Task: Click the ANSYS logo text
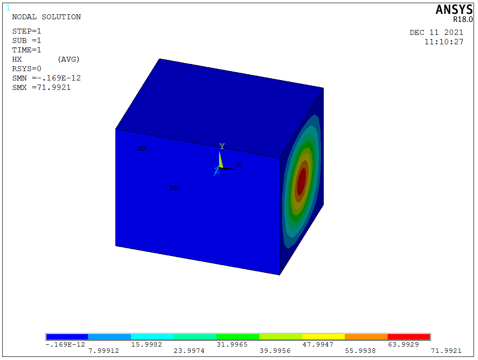454,9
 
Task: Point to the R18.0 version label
463,19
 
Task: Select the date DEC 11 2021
436,32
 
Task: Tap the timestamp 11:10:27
444,42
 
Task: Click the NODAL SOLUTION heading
47,17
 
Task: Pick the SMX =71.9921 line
42,88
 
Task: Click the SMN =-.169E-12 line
47,78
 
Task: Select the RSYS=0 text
26,68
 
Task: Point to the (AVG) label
68,59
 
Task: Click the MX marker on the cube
142,148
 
